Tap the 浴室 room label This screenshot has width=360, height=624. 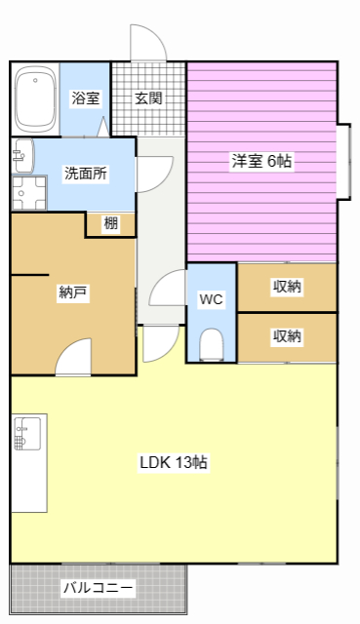85,98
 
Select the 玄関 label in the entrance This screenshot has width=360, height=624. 148,98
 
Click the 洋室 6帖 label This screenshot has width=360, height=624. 260,161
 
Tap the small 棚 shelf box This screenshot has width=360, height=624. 111,224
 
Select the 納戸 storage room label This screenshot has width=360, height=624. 73,292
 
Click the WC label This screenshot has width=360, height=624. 211,299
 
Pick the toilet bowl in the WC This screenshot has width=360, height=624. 211,344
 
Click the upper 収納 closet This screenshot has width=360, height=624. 287,287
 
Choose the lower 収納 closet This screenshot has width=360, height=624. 287,336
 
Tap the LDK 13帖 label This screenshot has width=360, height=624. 173,462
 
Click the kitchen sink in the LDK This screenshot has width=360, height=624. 27,431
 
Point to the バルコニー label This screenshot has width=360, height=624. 98,588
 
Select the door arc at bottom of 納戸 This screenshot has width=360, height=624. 74,361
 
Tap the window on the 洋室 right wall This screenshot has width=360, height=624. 344,161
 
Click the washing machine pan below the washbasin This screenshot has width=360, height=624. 28,192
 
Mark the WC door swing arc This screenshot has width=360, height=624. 168,291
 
